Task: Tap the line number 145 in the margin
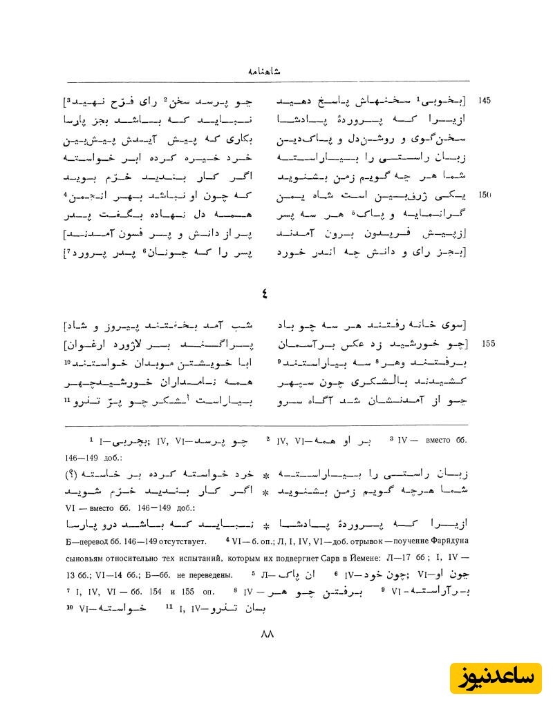pos(485,101)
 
